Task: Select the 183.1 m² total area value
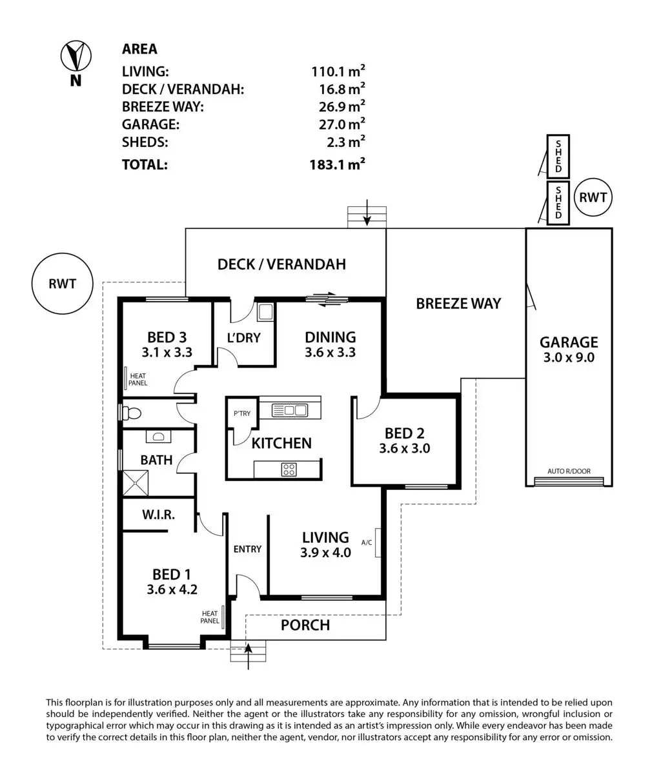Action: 337,164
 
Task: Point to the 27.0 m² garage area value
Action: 342,124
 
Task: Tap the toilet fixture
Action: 130,413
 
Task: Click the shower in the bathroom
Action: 135,484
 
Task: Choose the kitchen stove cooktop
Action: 289,469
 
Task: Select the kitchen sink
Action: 289,410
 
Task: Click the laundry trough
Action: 266,312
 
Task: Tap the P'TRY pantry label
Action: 241,413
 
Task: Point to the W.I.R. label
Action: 158,515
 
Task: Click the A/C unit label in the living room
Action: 367,542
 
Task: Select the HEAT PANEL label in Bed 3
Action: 137,379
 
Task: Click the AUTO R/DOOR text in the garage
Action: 569,471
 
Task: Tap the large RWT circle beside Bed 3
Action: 63,284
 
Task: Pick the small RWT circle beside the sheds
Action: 593,197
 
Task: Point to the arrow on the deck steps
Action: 367,213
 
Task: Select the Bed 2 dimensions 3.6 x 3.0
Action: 404,448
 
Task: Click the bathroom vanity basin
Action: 158,437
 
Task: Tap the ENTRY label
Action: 247,549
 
